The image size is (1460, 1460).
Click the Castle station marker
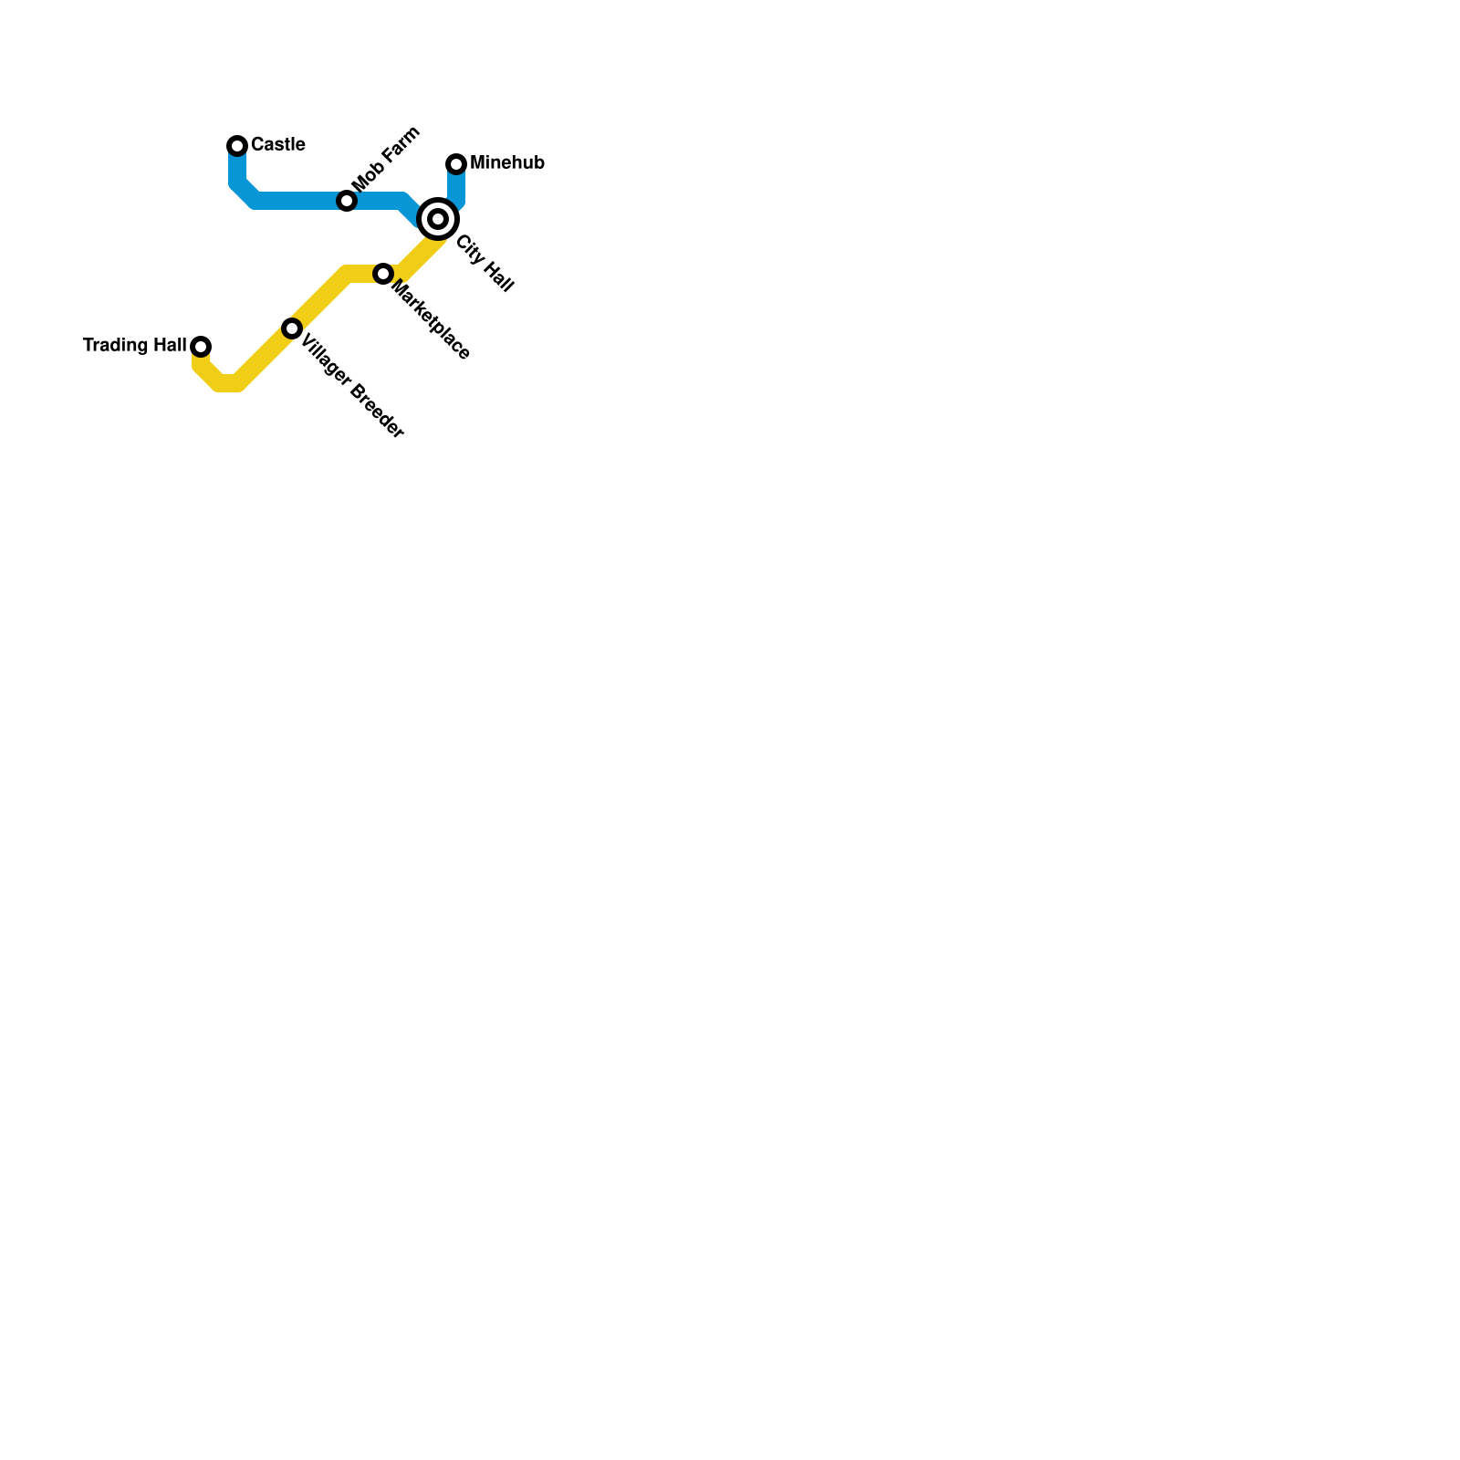(x=237, y=146)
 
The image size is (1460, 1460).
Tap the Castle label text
(x=277, y=145)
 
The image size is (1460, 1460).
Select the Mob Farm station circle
(x=347, y=201)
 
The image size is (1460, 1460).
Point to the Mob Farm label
(x=385, y=160)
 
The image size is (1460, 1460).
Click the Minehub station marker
(x=456, y=164)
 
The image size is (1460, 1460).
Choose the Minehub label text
(x=506, y=163)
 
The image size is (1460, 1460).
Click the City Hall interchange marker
(x=438, y=219)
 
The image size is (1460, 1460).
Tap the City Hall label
(x=485, y=264)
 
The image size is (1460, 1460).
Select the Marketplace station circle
(x=383, y=274)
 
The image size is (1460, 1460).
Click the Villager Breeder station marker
(x=292, y=328)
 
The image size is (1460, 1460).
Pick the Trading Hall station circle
(x=201, y=347)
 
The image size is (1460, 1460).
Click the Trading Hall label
(x=134, y=346)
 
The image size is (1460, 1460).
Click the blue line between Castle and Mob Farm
(x=292, y=201)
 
